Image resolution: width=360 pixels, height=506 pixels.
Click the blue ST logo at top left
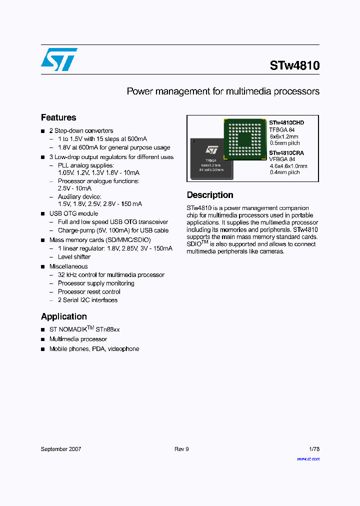click(x=59, y=59)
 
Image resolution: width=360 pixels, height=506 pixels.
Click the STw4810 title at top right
click(x=294, y=65)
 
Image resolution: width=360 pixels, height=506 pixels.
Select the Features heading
click(x=58, y=118)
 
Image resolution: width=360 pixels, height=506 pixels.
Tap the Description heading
click(x=210, y=195)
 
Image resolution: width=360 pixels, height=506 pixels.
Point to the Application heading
click(x=64, y=316)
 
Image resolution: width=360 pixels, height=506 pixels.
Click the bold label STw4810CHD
click(x=286, y=122)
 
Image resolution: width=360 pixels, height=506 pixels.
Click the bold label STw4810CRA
click(x=286, y=152)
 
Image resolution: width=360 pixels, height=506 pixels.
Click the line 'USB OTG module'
click(x=73, y=213)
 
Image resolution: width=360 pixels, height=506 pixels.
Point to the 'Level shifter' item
click(x=74, y=257)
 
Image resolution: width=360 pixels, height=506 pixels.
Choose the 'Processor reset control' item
click(x=89, y=292)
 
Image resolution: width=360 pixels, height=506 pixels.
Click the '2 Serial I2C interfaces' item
click(x=87, y=300)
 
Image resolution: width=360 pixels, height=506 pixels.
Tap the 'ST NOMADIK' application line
click(x=84, y=329)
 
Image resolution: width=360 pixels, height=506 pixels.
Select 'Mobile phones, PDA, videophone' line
click(x=94, y=349)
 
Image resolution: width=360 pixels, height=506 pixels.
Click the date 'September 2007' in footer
click(x=61, y=449)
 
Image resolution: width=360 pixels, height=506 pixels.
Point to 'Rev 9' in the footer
click(x=181, y=449)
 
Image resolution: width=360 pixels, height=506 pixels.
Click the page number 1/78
click(x=314, y=449)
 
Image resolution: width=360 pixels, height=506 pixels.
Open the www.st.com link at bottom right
click(x=308, y=458)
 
